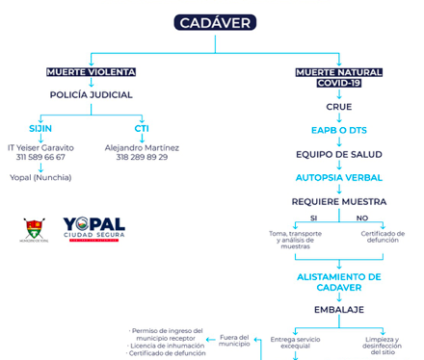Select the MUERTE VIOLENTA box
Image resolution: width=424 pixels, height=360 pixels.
pos(91,72)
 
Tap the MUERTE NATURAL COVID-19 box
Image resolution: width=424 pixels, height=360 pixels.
pos(338,78)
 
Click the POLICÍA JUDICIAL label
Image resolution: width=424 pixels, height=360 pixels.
pos(91,95)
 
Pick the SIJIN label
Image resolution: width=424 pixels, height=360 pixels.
pos(40,129)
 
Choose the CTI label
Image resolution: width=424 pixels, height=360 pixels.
pos(141,129)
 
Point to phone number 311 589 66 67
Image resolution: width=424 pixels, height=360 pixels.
pos(40,156)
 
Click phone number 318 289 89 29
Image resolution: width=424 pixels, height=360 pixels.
pos(142,156)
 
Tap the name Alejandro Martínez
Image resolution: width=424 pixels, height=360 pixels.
pos(142,145)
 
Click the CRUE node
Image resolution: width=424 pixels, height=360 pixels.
pos(338,107)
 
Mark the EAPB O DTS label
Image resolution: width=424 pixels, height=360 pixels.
pos(338,130)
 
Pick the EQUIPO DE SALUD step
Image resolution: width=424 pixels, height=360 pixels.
pos(338,154)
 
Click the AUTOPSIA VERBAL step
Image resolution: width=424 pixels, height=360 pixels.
pos(338,178)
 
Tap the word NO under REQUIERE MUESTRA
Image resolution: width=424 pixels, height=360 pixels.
pos(363,218)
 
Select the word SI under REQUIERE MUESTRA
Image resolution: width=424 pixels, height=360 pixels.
pos(313,218)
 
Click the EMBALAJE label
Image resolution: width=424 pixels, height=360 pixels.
pos(338,309)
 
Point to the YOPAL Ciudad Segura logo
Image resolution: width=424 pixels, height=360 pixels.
pos(93,230)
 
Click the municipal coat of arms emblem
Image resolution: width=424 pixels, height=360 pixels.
pos(35,228)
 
